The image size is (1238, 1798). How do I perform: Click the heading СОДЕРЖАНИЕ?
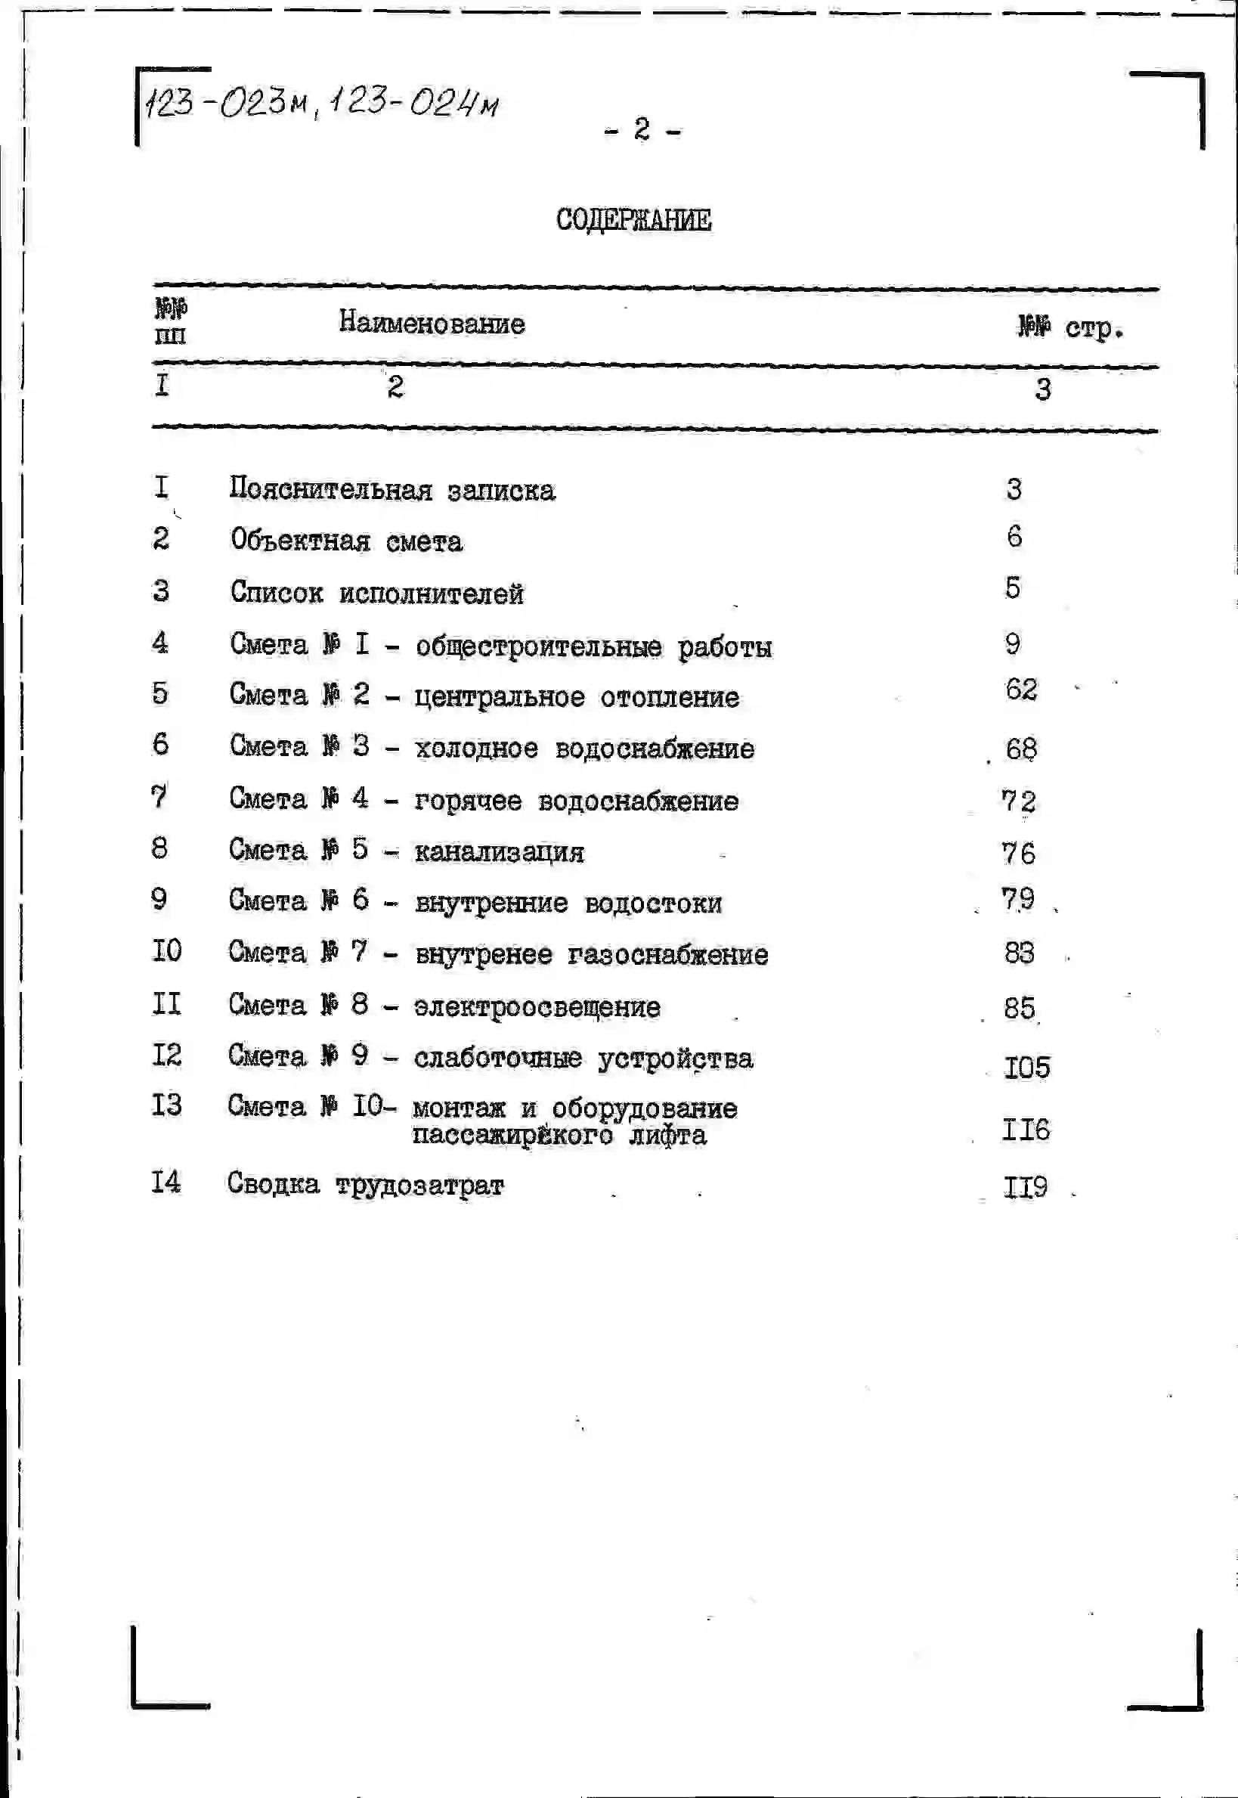tap(633, 219)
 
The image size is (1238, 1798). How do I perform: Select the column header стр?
tap(1094, 329)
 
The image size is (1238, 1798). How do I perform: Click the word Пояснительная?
tap(330, 489)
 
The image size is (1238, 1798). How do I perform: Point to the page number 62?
tap(1021, 689)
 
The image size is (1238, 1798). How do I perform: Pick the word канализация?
tap(499, 852)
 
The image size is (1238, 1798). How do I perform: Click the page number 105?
tap(1026, 1068)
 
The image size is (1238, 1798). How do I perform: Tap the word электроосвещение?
tap(537, 1007)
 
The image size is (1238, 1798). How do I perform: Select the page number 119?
tap(1026, 1187)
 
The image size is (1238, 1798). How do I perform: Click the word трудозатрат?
tap(419, 1186)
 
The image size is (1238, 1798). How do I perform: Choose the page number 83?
tap(1020, 953)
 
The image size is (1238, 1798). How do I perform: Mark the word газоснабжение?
tap(668, 954)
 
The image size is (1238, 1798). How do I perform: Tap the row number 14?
tap(166, 1183)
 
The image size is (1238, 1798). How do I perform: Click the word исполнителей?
tap(432, 594)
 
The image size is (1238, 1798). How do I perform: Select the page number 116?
tap(1026, 1130)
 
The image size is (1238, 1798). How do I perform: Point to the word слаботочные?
tap(497, 1059)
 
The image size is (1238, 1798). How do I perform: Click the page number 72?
tap(1020, 801)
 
